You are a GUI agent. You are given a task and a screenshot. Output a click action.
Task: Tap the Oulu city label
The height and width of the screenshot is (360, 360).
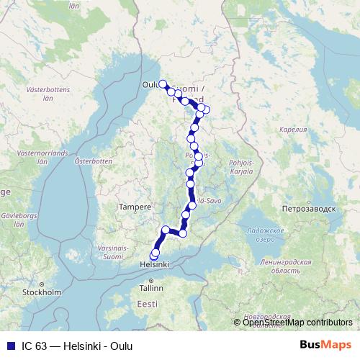pos(150,83)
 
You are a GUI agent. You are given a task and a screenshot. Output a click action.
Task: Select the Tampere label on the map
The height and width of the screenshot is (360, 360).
pos(135,207)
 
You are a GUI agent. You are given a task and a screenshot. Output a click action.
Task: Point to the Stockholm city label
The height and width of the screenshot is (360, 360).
pos(41,292)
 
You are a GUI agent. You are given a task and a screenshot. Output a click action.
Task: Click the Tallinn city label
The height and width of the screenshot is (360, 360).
pos(152,288)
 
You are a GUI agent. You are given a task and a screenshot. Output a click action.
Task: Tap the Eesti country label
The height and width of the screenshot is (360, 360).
pos(147,305)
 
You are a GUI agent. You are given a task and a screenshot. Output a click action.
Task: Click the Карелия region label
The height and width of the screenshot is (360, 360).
pos(292,130)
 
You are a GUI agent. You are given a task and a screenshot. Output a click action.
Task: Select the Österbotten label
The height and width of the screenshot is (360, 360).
pos(93,161)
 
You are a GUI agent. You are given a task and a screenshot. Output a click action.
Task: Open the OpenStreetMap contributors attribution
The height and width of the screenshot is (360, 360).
pos(297,323)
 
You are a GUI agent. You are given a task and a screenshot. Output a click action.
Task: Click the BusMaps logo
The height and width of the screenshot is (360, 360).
pos(325,346)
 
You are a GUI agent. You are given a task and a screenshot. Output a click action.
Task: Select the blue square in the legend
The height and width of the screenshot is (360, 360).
pos(10,346)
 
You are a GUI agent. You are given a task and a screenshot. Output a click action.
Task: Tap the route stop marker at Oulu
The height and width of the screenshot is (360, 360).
pos(163,84)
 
